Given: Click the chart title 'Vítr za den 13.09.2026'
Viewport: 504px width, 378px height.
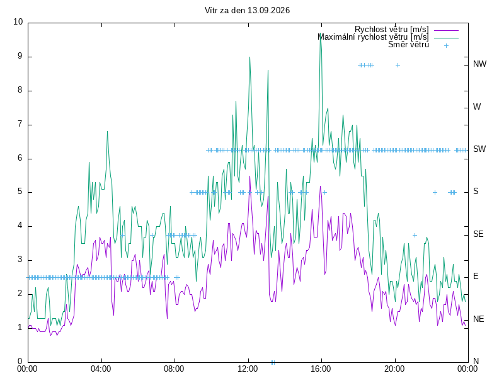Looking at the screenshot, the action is coord(247,10).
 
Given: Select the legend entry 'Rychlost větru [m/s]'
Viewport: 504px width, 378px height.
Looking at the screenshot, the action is coord(391,30).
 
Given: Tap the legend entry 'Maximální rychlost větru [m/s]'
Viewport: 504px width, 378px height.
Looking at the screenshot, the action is coord(373,37).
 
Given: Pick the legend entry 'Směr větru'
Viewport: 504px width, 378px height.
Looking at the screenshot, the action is coord(408,45).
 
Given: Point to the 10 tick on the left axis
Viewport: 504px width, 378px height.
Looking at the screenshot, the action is coord(18,22).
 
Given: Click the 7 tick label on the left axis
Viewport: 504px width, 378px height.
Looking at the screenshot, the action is coord(20,123).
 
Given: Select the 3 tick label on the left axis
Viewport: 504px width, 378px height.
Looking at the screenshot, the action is coord(20,260).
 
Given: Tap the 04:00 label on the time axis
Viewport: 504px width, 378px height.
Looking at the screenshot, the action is coord(101,369).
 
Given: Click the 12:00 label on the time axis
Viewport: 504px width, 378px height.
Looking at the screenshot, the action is coord(248,369).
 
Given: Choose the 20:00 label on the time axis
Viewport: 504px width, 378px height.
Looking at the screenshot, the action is coord(394,369).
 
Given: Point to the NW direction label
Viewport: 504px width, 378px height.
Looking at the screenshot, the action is coord(479,64).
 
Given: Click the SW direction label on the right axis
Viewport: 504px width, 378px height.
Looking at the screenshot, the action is coord(479,149).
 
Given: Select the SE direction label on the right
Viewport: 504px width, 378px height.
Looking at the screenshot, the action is coord(478,234).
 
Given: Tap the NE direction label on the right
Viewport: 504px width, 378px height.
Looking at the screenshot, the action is coord(479,319).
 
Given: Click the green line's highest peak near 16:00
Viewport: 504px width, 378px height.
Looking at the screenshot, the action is coord(321,33).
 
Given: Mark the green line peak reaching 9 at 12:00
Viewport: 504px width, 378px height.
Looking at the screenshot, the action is coord(249,57).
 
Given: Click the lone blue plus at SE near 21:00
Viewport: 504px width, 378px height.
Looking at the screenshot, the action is coord(415,235).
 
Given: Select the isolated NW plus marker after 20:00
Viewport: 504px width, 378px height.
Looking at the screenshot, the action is coord(398,66).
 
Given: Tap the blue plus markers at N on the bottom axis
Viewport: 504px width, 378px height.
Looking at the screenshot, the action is coord(273,363).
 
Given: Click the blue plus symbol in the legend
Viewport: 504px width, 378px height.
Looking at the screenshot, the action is coord(446,45).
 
